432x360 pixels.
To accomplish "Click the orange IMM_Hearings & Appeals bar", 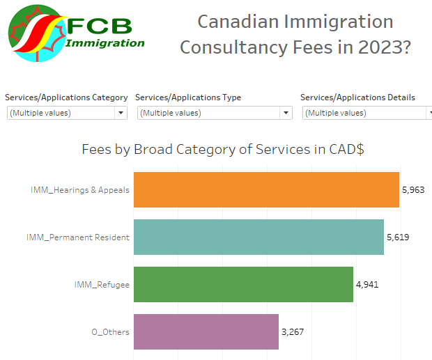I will tap(265, 190).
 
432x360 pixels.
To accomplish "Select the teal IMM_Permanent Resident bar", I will tap(258, 237).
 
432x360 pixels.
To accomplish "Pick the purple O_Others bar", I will tap(206, 331).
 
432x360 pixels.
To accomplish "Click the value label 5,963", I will tap(413, 189).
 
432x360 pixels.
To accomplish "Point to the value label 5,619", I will tap(398, 237).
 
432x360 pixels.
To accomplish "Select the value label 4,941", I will tap(367, 284).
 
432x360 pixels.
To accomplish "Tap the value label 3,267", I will tap(293, 331).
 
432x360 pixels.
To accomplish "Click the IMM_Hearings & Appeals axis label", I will tap(80, 190).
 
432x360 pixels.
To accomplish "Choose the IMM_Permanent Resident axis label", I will tap(78, 237).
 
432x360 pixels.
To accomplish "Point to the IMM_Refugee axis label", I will tap(102, 285).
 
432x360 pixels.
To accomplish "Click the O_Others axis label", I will tap(110, 332).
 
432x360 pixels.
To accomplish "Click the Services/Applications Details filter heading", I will tap(357, 97).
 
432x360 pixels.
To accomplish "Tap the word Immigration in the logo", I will tap(105, 43).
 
